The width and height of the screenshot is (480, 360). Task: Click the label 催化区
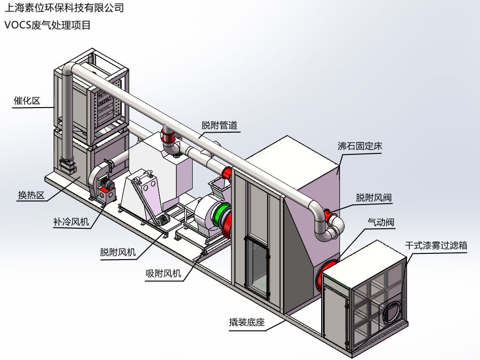(27, 101)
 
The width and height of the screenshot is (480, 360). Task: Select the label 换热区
(31, 195)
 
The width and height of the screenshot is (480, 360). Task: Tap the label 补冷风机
(71, 222)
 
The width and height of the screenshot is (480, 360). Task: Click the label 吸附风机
(163, 274)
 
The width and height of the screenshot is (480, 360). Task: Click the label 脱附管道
(219, 125)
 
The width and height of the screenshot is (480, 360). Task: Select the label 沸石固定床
(360, 146)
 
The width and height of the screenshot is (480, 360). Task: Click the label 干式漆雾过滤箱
(436, 246)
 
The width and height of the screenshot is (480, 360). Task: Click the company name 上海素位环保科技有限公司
(63, 8)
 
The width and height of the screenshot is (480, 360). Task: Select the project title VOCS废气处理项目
(47, 25)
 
